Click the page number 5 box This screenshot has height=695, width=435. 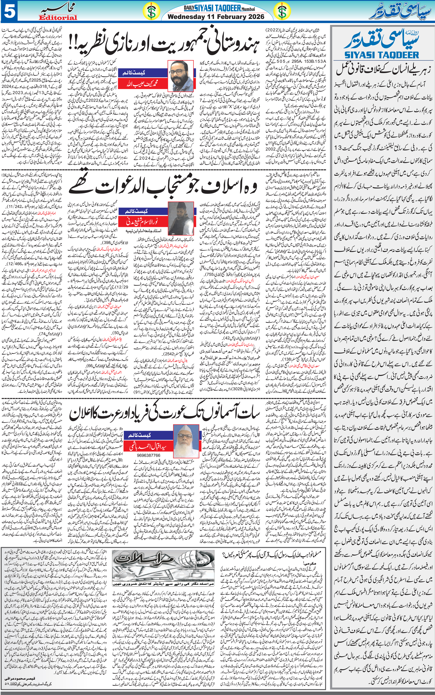point(9,12)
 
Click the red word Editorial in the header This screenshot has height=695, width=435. point(58,18)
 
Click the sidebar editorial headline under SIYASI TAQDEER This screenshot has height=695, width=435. point(381,70)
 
